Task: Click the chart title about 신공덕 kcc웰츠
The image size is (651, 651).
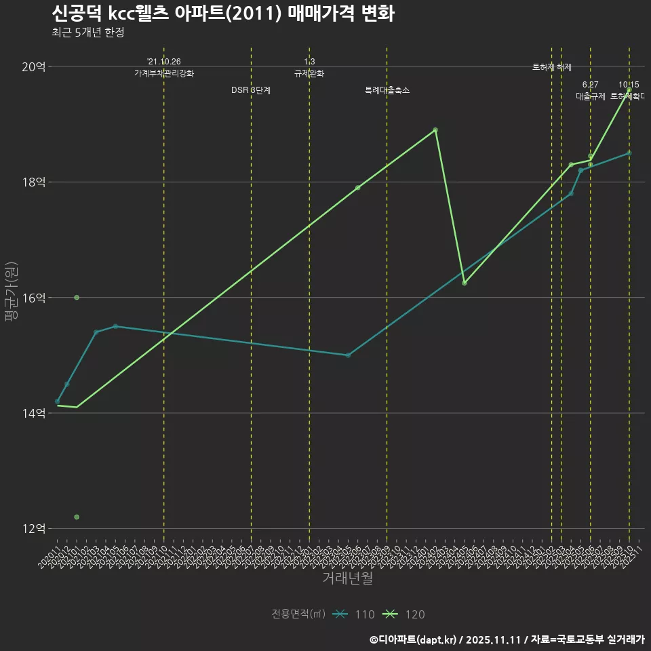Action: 222,14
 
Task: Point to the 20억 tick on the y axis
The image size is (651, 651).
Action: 34,66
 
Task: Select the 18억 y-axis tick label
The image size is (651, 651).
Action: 34,182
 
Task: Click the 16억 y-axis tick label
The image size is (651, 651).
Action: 34,298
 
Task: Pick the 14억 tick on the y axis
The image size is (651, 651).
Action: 34,413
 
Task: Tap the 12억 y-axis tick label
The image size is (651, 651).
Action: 34,528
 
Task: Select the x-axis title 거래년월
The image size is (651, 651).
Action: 347,578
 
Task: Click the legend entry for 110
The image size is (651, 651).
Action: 353,614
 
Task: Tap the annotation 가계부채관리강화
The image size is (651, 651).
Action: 164,73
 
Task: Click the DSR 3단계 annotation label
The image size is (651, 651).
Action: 251,90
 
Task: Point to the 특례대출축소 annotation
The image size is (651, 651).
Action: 387,90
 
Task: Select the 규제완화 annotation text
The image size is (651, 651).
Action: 309,73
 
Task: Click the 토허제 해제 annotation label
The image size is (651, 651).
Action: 552,67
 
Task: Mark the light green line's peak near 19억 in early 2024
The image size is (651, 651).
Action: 435,130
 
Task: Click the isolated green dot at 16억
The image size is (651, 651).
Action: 77,298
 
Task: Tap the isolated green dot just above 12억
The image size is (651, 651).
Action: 77,517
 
